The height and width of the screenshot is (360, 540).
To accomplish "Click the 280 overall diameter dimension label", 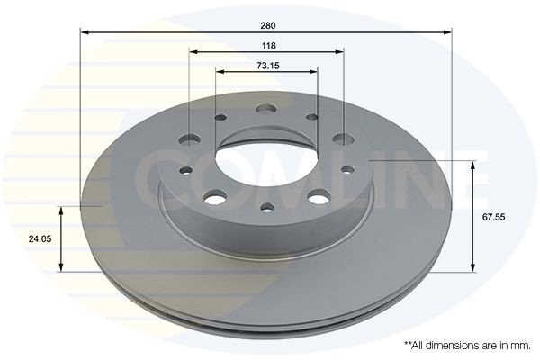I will pos(267,24).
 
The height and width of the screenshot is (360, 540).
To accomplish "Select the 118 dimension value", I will pos(267,45).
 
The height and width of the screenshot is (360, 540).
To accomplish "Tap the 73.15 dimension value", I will pos(267,66).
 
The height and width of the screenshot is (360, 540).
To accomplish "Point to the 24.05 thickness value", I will pos(39,239).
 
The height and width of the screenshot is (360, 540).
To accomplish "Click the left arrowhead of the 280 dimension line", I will pos(85,33).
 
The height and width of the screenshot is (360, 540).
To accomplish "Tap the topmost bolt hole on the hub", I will pos(265,109).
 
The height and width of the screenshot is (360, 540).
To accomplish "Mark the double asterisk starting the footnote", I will pos(407,344).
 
